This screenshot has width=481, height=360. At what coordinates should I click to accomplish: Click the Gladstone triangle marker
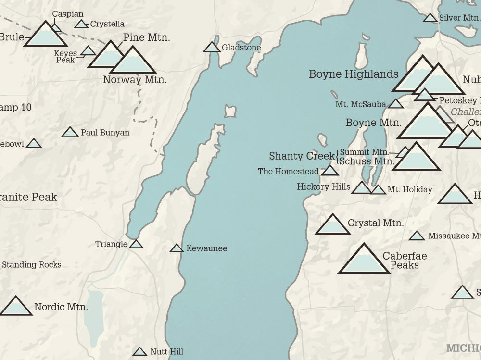click(x=212, y=47)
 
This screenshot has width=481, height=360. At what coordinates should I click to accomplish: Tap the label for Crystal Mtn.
click(x=375, y=223)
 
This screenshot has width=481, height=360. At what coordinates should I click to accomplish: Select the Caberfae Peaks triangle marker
click(x=364, y=260)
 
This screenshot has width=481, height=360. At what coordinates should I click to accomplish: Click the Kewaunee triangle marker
click(x=177, y=248)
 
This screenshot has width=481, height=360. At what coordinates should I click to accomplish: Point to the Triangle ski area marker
click(x=136, y=245)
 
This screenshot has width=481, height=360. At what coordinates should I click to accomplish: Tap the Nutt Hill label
click(x=166, y=352)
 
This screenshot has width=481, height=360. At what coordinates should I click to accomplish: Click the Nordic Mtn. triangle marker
click(x=16, y=307)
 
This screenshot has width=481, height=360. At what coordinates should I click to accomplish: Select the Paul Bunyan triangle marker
click(x=70, y=133)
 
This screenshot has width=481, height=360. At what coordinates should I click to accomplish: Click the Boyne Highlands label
click(x=354, y=74)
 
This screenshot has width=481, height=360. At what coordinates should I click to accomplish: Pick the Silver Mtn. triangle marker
click(x=430, y=18)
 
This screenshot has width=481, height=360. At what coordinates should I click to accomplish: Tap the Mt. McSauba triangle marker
click(x=396, y=104)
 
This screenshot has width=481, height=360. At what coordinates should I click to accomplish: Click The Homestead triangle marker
click(x=330, y=171)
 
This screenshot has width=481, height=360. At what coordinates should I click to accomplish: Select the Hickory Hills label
click(x=323, y=186)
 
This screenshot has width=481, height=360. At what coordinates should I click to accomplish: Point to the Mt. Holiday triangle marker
click(x=378, y=190)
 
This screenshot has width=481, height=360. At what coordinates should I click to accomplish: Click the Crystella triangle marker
click(x=81, y=24)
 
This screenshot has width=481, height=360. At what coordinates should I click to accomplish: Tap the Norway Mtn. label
click(x=135, y=80)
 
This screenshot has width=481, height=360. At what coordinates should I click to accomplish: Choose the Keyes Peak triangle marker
click(x=88, y=51)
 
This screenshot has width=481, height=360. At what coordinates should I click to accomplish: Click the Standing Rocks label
click(x=32, y=265)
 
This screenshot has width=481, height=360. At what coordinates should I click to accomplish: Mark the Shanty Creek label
click(x=302, y=156)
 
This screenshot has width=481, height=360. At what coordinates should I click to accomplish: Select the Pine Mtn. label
click(x=146, y=37)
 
